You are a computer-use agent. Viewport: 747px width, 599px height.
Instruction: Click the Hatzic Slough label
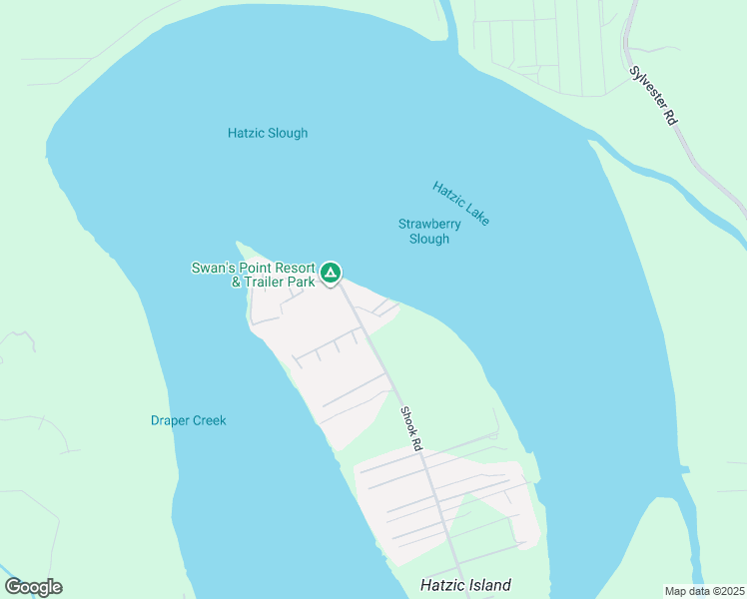[x=268, y=133]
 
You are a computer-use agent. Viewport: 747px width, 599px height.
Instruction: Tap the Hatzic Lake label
[x=461, y=203]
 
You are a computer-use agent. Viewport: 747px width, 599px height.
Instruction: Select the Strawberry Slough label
[x=429, y=232]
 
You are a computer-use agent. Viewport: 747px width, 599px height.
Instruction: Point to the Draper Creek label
[x=189, y=420]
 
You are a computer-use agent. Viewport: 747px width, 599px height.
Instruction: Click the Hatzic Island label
[x=465, y=586]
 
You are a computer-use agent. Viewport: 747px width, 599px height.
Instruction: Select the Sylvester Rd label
[x=655, y=95]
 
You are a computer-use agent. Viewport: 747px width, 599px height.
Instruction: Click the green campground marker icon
[x=331, y=272]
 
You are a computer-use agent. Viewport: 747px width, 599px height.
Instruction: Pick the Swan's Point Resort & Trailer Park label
[x=254, y=275]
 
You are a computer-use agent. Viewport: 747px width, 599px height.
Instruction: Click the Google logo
[x=33, y=587]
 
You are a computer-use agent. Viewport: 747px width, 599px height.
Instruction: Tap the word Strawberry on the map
[x=429, y=225]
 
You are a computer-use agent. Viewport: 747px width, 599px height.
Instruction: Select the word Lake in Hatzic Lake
[x=476, y=214]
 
